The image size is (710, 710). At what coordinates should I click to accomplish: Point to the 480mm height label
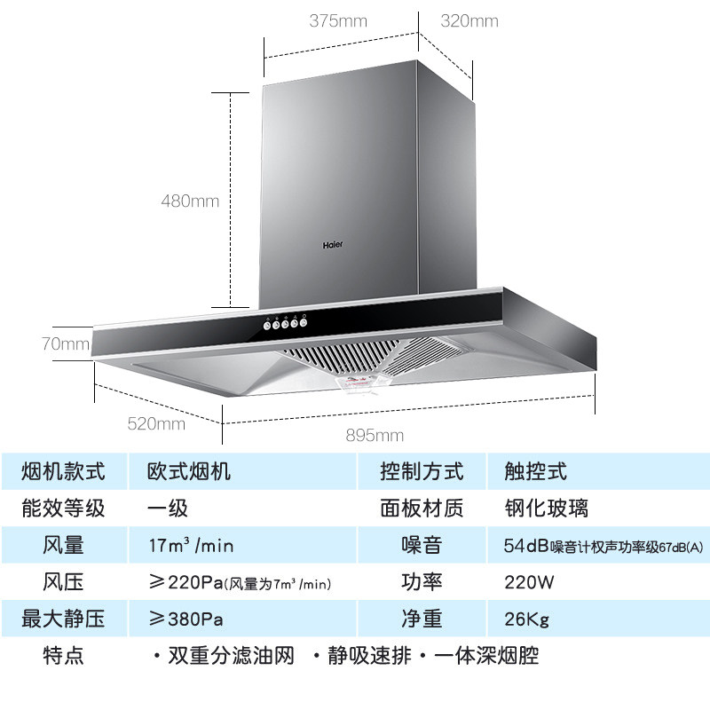pos(189,201)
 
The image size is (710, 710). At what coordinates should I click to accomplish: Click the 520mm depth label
pos(156,423)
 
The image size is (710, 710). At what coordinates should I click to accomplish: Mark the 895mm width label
pos(375,435)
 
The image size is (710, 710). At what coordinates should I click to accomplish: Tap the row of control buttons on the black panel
pos(284,323)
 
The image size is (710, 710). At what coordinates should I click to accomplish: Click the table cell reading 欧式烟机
pos(188,471)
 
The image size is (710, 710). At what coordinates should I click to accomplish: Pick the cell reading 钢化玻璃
pos(544,509)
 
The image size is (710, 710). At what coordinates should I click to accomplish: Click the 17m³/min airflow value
pos(190,545)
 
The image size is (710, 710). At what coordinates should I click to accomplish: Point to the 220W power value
pos(532,582)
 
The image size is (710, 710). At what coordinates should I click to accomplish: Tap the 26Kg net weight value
pos(526,619)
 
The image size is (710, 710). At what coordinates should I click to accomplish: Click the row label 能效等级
pos(63,509)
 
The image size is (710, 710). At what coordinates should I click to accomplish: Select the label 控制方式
pos(421,471)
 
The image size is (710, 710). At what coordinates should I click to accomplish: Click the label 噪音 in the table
pos(421,545)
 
